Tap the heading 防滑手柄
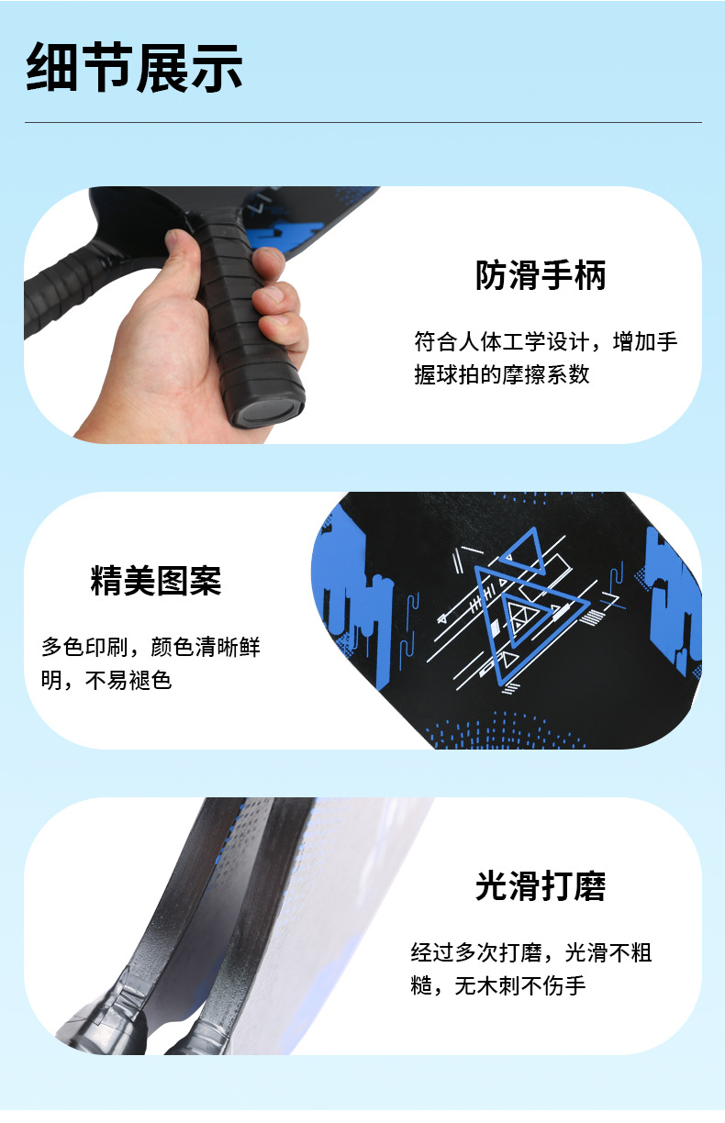541,275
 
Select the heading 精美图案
156,580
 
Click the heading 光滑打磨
541,886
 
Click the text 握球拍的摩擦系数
501,374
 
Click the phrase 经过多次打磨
476,952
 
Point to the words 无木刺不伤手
519,985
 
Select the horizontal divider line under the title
362,122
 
